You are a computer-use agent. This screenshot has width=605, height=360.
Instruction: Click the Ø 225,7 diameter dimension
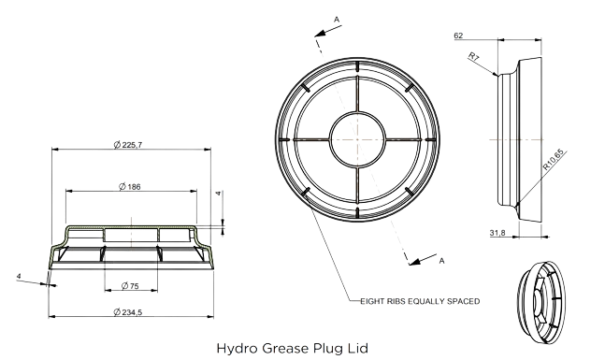tap(128, 145)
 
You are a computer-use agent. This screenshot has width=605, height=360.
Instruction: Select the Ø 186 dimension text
tap(130, 187)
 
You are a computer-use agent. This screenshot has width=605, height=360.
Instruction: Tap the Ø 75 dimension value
tap(130, 286)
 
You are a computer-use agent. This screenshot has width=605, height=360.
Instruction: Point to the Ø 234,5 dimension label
tap(128, 311)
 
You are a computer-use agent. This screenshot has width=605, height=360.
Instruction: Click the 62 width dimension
tap(458, 36)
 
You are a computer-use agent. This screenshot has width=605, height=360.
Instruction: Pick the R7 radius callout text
tap(474, 57)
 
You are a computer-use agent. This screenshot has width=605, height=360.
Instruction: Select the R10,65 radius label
tap(554, 160)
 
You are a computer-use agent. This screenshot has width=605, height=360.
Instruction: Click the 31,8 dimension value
tap(497, 233)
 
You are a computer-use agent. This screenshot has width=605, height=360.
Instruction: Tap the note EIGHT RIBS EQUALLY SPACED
tap(420, 301)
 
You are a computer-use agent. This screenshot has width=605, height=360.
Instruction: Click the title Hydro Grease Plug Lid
tap(293, 349)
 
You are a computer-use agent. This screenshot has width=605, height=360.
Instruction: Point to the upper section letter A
tap(337, 20)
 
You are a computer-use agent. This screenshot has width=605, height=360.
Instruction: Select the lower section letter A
tap(441, 261)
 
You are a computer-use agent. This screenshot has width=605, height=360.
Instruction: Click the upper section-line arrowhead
tap(321, 33)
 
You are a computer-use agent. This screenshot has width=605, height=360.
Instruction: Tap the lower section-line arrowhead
tap(415, 262)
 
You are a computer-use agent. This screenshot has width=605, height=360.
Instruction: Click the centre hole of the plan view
tap(358, 139)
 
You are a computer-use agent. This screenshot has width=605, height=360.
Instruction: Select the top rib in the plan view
tap(358, 66)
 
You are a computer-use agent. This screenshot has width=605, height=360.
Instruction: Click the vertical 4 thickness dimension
tap(219, 193)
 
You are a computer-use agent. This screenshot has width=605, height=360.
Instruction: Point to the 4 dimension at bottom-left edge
tap(20, 276)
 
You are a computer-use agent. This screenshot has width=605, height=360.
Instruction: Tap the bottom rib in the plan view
tap(358, 212)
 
